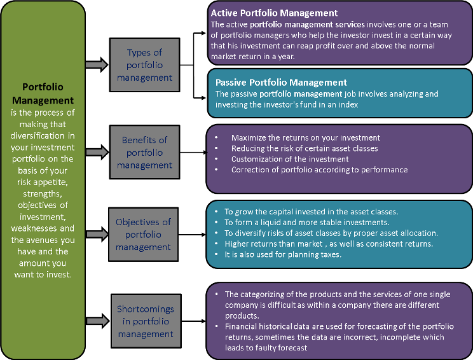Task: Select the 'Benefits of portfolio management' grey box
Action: click(x=144, y=153)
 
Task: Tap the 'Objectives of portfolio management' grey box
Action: click(x=143, y=234)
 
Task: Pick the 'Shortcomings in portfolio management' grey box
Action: click(x=145, y=321)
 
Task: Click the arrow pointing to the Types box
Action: click(x=96, y=65)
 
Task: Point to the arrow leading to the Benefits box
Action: click(x=96, y=153)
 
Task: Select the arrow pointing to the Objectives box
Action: click(x=96, y=234)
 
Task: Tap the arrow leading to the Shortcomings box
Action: click(x=96, y=321)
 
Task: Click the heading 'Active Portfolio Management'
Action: click(x=274, y=13)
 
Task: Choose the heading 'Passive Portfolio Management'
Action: click(x=281, y=83)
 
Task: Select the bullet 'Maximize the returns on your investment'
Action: click(x=305, y=137)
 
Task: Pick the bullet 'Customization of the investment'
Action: click(x=290, y=159)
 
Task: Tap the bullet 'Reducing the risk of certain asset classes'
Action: click(x=305, y=148)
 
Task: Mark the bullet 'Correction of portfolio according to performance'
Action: click(x=319, y=170)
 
